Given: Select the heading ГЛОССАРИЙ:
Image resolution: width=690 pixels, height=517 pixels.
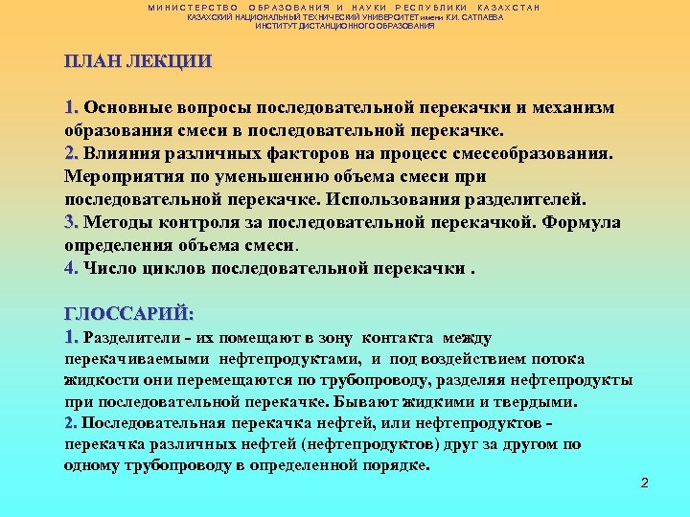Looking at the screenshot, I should pos(128,313).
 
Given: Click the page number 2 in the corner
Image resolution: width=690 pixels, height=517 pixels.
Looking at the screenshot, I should pos(645,483).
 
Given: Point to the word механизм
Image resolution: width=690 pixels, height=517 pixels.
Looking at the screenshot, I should pos(576,106).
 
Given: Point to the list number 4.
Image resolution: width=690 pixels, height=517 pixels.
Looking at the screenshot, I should pos(70,269).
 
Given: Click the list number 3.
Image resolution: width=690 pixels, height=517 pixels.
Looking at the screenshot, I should pos(70,223).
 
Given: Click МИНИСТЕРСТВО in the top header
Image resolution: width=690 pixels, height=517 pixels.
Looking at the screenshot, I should pos(193,8).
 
